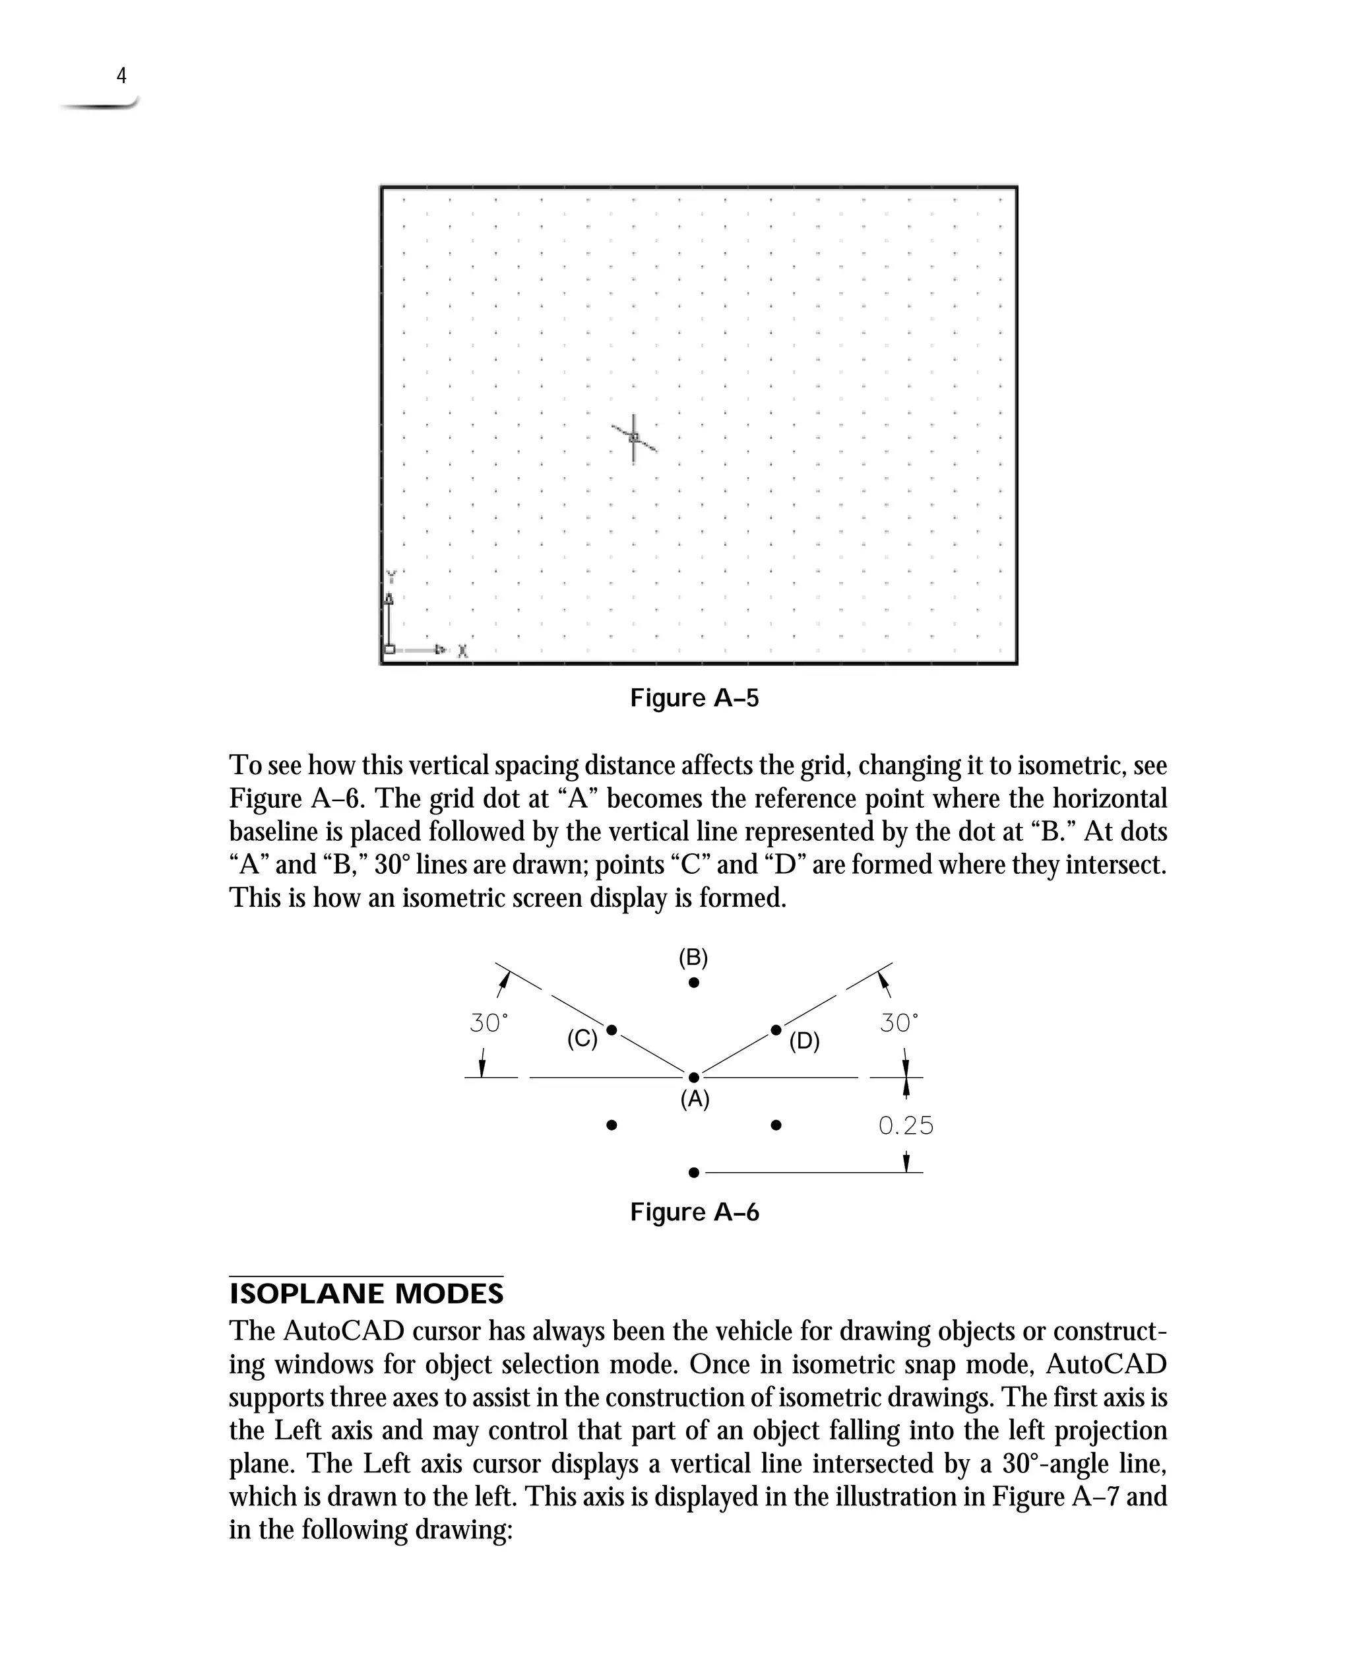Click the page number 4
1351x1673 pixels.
coord(121,75)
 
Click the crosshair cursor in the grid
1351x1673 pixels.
coord(633,438)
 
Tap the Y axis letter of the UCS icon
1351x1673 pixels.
coord(391,576)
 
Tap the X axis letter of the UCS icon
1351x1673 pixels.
coord(462,650)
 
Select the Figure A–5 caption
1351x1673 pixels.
coord(693,698)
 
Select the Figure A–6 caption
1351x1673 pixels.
coord(693,1212)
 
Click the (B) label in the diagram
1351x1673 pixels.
coord(693,957)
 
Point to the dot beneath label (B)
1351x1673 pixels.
coord(693,983)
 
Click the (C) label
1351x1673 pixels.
coord(582,1039)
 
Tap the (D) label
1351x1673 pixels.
coord(804,1041)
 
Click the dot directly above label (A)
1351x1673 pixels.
coord(693,1078)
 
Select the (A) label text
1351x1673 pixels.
coord(694,1099)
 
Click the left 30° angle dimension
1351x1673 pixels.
coord(489,1023)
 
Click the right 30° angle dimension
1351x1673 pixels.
coord(899,1023)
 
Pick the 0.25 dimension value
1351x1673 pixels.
coord(905,1126)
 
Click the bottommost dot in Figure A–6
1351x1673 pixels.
coord(693,1173)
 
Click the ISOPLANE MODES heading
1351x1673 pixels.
coord(365,1294)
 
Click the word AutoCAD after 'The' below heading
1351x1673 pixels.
coord(343,1331)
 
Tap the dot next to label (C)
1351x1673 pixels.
coord(611,1030)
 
